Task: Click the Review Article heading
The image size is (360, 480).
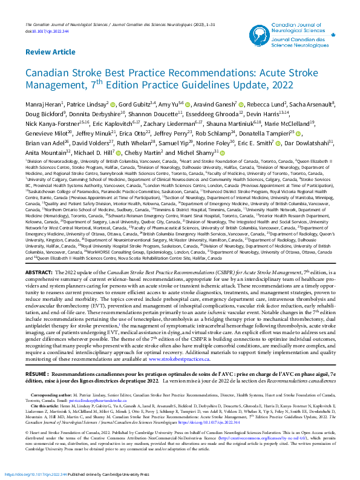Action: (51, 53)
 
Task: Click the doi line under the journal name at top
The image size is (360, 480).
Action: (48, 13)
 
